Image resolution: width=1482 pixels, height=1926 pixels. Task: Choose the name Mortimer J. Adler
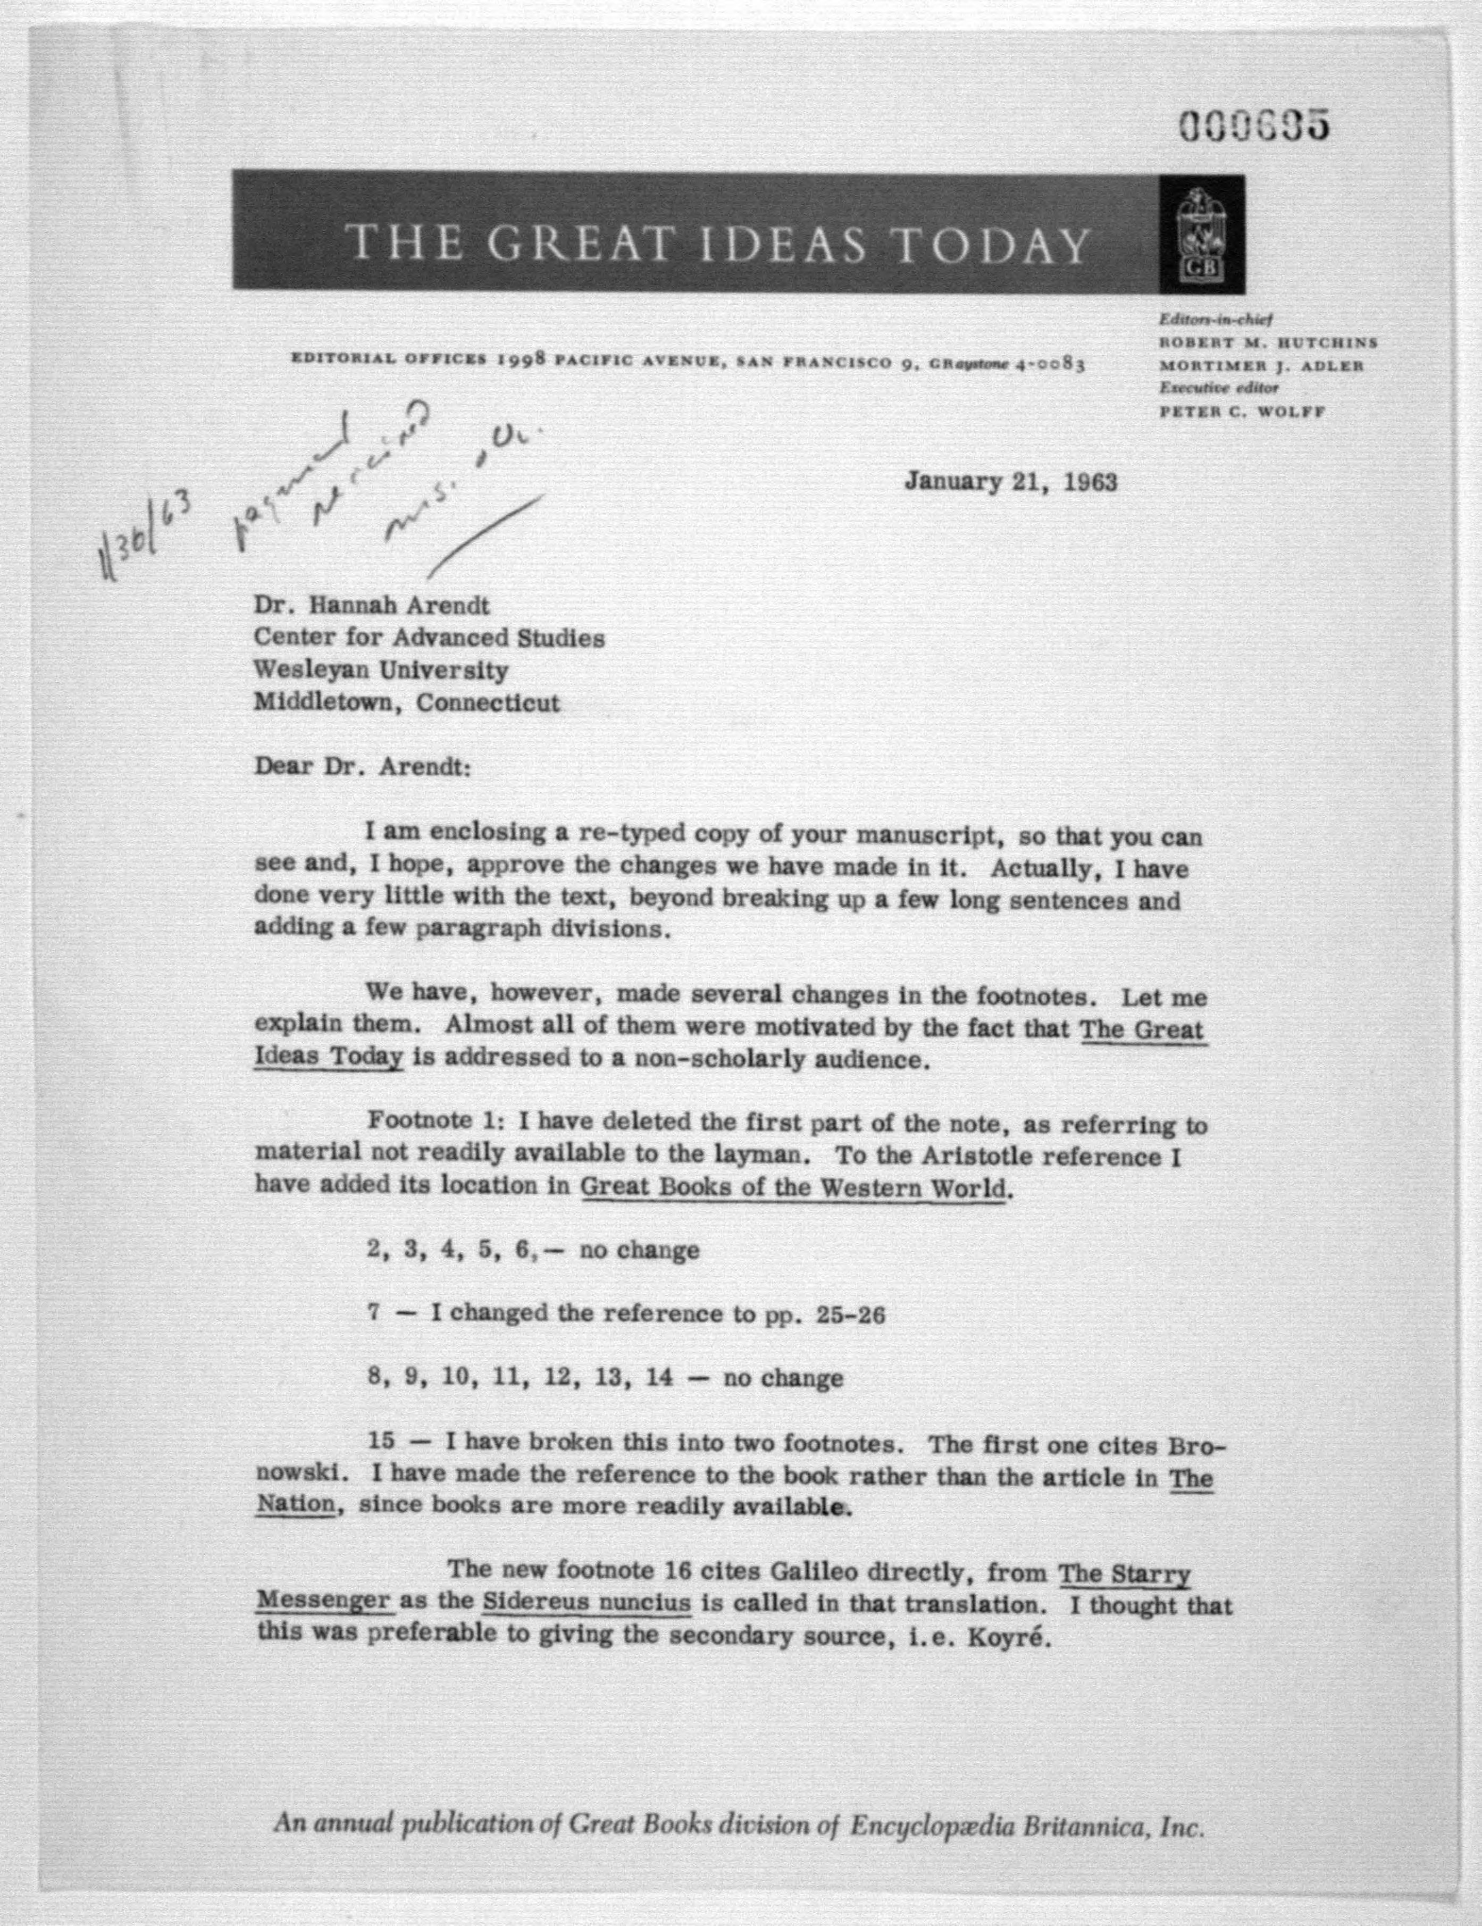click(1261, 365)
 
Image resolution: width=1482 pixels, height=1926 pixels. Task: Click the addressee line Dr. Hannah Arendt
click(371, 606)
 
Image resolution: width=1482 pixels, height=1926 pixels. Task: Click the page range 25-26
click(851, 1315)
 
